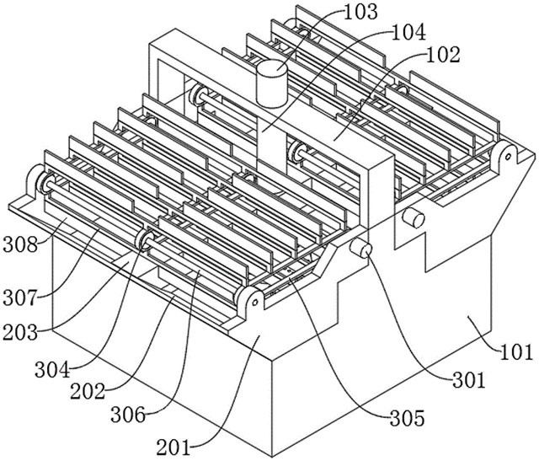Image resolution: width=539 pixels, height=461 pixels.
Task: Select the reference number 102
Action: pyautogui.click(x=443, y=56)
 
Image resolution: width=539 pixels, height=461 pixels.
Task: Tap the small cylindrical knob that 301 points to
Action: pyautogui.click(x=362, y=250)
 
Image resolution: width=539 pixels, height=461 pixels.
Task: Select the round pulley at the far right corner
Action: pyautogui.click(x=506, y=156)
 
